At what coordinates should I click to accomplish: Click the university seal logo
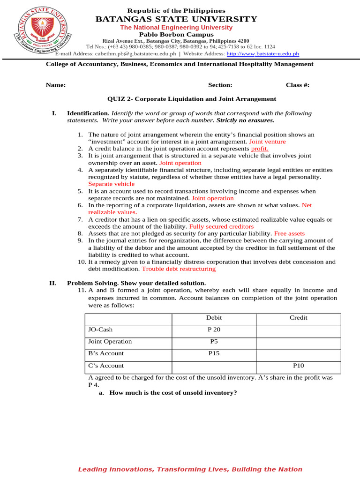click(45, 32)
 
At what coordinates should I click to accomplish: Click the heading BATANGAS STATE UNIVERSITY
click(176, 19)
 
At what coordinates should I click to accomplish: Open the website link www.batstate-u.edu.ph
click(262, 53)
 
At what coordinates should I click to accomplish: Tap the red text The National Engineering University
click(176, 28)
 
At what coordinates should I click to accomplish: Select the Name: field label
click(55, 85)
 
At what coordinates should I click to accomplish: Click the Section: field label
click(220, 85)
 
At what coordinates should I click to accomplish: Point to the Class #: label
click(298, 85)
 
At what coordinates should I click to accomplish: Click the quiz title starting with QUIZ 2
click(192, 99)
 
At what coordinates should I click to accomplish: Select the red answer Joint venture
click(267, 141)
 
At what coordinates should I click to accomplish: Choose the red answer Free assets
click(289, 233)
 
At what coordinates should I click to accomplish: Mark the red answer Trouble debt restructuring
click(179, 269)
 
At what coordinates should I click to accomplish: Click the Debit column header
click(214, 317)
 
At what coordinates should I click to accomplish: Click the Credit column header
click(299, 317)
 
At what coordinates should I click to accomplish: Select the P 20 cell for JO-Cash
click(214, 330)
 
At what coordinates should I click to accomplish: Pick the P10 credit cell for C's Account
click(299, 365)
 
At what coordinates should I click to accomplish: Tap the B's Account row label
click(106, 353)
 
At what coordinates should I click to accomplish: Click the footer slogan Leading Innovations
click(190, 469)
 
